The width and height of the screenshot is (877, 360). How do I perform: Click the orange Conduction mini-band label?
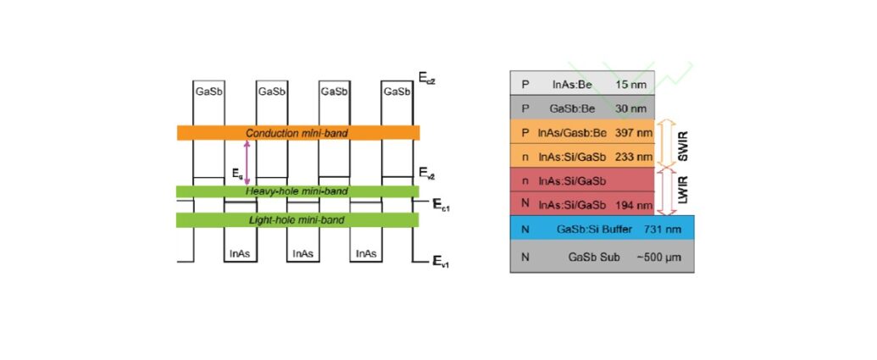click(x=297, y=133)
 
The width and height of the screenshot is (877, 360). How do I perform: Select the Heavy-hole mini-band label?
click(x=297, y=191)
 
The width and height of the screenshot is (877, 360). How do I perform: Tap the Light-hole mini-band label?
click(x=297, y=220)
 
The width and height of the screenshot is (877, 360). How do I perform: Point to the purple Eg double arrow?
click(x=247, y=163)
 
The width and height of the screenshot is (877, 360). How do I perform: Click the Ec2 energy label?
click(x=427, y=78)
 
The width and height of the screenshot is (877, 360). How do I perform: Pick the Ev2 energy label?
click(x=427, y=174)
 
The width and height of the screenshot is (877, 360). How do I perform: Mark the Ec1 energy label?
click(x=441, y=205)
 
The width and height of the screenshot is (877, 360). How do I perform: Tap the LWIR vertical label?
click(x=683, y=191)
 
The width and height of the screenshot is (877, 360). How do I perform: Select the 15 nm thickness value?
click(x=633, y=84)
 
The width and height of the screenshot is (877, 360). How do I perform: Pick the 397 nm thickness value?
click(x=634, y=133)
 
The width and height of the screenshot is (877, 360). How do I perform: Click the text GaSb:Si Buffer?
click(x=588, y=230)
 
